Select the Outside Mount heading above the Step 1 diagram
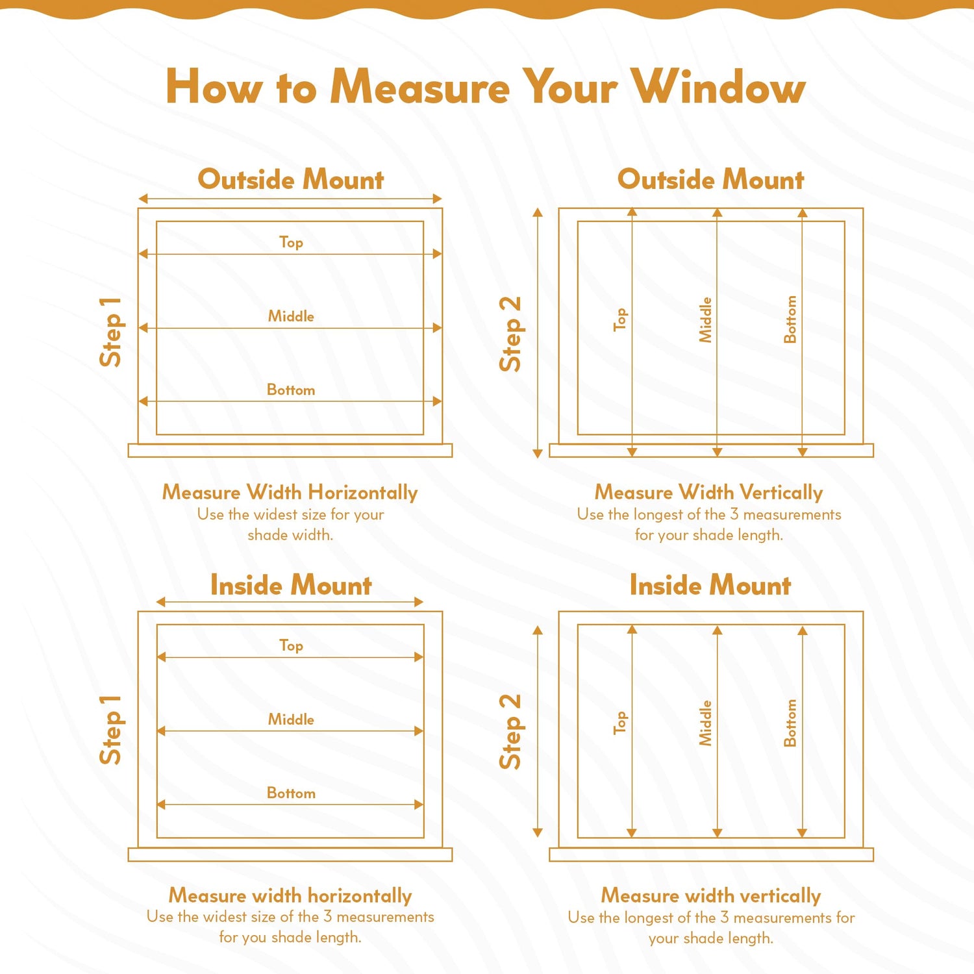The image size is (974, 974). coord(291,179)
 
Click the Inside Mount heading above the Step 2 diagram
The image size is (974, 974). coord(710,585)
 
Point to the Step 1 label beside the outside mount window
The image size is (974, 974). coord(110,332)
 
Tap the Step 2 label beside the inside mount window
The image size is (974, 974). coord(510,732)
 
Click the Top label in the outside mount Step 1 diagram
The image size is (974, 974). coord(291,242)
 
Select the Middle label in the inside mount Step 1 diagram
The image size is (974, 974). coord(291,719)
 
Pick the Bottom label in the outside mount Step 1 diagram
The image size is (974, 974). coord(291,390)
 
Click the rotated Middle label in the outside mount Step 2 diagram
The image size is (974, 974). coord(705,320)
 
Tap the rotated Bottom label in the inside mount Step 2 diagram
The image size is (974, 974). coord(790,723)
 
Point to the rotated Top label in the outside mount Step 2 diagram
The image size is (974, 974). coord(621,319)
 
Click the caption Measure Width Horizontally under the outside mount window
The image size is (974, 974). coord(290,492)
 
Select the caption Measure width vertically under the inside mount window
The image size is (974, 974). coord(711,895)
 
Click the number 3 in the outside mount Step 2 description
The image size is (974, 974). coord(734,514)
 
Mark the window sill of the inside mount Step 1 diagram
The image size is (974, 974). coord(290,855)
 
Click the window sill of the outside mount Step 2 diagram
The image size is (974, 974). coord(712,451)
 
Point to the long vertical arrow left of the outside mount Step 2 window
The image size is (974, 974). coord(538,333)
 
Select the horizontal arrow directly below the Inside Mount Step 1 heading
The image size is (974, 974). coord(290,602)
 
